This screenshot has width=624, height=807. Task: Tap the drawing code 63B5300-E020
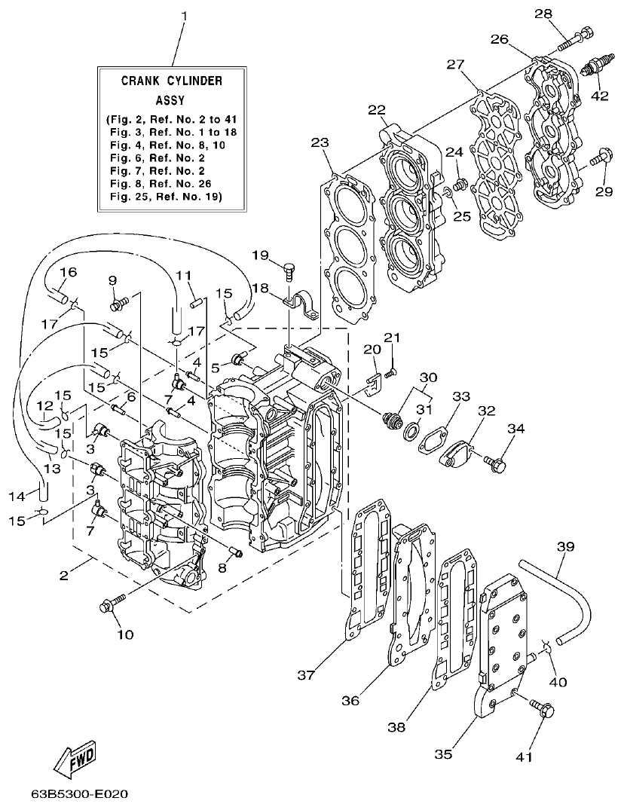coord(80,794)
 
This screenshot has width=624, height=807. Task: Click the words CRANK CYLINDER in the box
coord(172,81)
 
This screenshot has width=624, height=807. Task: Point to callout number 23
coord(320,142)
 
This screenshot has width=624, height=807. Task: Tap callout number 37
coord(305,675)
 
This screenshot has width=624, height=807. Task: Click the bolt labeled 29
coord(598,159)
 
